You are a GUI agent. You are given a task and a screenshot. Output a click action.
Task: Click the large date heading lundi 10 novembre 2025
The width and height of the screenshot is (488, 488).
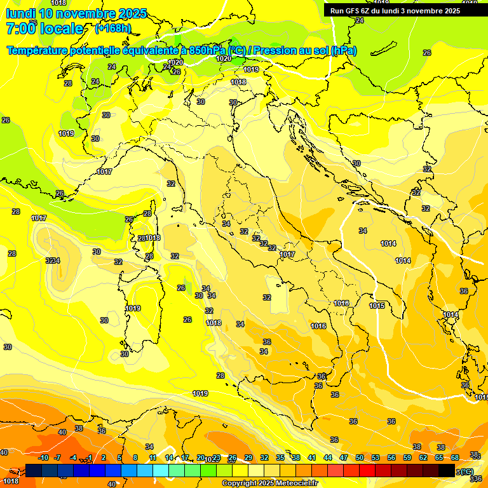click(76, 13)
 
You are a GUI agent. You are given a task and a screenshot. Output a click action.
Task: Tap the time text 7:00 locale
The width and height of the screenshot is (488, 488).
click(44, 29)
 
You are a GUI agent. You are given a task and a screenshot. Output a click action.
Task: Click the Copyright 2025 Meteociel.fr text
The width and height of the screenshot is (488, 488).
click(269, 484)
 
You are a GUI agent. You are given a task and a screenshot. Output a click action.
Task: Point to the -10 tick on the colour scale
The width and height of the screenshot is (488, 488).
click(43, 457)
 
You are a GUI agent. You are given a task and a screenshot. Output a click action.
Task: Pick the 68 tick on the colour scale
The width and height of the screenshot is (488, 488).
click(455, 457)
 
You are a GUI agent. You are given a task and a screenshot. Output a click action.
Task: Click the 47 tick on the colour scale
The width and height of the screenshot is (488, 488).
click(344, 457)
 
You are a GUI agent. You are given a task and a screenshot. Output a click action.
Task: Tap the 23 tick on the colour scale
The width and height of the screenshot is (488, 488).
click(217, 457)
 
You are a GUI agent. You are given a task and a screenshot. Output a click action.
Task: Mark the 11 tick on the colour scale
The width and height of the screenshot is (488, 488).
click(153, 457)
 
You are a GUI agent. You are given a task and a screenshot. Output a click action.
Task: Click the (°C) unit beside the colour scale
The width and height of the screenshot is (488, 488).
click(466, 471)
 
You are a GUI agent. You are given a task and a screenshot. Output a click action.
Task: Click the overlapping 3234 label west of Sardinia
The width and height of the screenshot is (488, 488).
click(53, 261)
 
